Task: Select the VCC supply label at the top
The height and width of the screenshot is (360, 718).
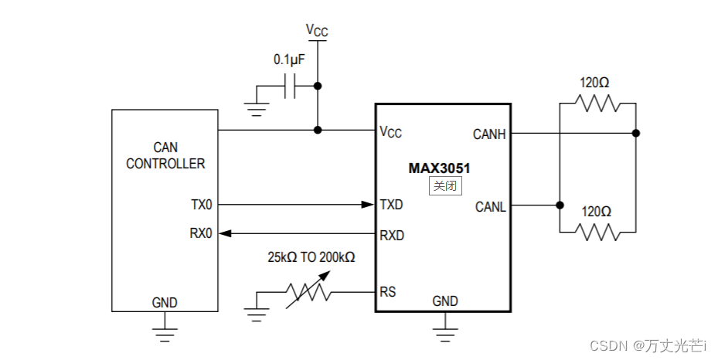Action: tap(317, 30)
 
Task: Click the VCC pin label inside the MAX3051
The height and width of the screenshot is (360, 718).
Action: tap(390, 131)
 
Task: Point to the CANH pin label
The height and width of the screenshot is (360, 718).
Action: tap(489, 134)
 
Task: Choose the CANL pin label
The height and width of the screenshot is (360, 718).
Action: tap(490, 206)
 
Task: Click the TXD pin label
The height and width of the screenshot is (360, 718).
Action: tap(391, 205)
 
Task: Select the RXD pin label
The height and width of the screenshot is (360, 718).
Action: tap(391, 235)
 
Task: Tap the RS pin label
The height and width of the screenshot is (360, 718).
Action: tap(387, 292)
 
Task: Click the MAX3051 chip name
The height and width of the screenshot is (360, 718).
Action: tap(440, 168)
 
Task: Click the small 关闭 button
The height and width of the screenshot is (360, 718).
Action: tap(445, 185)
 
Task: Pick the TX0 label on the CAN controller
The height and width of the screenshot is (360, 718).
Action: tap(201, 205)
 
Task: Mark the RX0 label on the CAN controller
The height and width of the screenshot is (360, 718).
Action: tap(201, 233)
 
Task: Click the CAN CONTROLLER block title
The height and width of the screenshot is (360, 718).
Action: tap(165, 155)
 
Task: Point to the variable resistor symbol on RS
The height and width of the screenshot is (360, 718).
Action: tap(308, 292)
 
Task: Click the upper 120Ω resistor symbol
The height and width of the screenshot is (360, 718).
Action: tap(597, 103)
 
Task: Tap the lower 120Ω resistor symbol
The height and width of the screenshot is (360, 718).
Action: tap(597, 230)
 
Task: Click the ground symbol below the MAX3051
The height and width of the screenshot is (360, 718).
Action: tap(444, 333)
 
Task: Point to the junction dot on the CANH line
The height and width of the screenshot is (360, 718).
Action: tap(635, 133)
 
